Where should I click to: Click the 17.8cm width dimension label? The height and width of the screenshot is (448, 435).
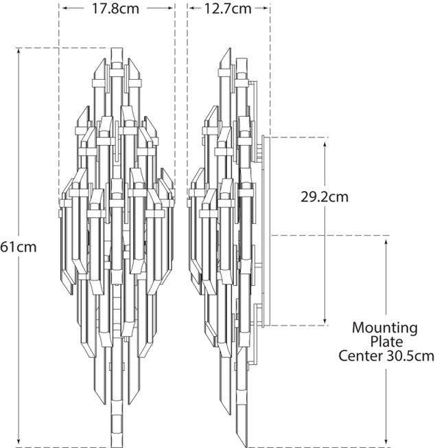click(116, 9)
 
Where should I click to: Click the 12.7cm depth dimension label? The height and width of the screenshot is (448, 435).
click(228, 9)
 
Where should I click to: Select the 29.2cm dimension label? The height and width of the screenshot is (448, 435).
click(325, 197)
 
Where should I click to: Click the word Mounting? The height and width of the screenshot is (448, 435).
click(385, 328)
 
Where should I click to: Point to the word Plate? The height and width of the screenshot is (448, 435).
click(386, 341)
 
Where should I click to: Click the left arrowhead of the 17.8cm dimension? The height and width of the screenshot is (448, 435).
click(62, 9)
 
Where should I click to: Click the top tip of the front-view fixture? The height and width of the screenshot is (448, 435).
click(116, 49)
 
